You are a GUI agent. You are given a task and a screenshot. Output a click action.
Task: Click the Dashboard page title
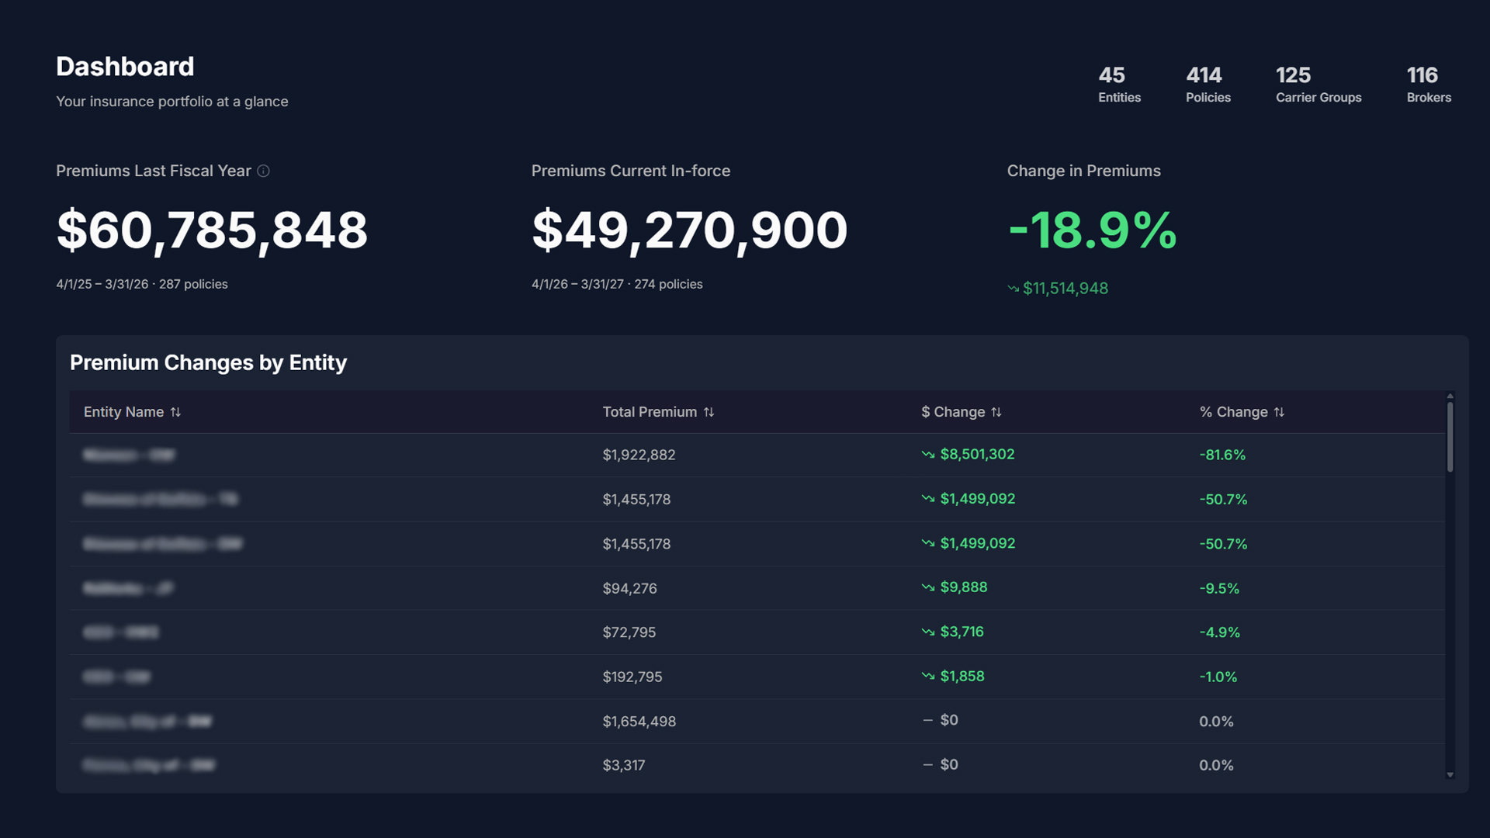(125, 67)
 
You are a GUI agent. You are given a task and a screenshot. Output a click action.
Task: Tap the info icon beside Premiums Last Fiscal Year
(264, 171)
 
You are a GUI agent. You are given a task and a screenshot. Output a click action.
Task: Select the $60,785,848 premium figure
(212, 230)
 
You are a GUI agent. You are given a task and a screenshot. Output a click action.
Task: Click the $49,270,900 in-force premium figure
(689, 230)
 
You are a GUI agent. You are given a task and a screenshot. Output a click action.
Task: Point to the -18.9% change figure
(1092, 230)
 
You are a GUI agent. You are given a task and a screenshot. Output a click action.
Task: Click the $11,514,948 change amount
(1065, 289)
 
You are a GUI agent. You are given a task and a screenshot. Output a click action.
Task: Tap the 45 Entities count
(1119, 84)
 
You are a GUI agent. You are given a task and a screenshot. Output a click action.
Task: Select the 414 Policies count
(1208, 84)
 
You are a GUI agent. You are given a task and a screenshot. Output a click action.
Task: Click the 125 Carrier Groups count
(1318, 84)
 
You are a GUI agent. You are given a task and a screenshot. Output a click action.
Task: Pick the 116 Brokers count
(1428, 84)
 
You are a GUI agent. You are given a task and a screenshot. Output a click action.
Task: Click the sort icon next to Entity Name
(175, 412)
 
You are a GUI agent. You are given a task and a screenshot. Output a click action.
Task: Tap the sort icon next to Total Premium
(709, 412)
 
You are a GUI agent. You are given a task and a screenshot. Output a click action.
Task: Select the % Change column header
(1233, 412)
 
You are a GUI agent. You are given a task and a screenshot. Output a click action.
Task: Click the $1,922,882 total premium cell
(639, 455)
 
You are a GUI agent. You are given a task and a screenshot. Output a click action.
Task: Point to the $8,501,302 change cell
(976, 455)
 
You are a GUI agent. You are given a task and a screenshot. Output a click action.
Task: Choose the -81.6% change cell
(1221, 455)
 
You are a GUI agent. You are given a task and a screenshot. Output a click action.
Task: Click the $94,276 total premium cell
(629, 588)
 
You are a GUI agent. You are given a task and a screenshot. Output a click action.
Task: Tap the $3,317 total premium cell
(623, 765)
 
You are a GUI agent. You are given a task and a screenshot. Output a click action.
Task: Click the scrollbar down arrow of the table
(1450, 774)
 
